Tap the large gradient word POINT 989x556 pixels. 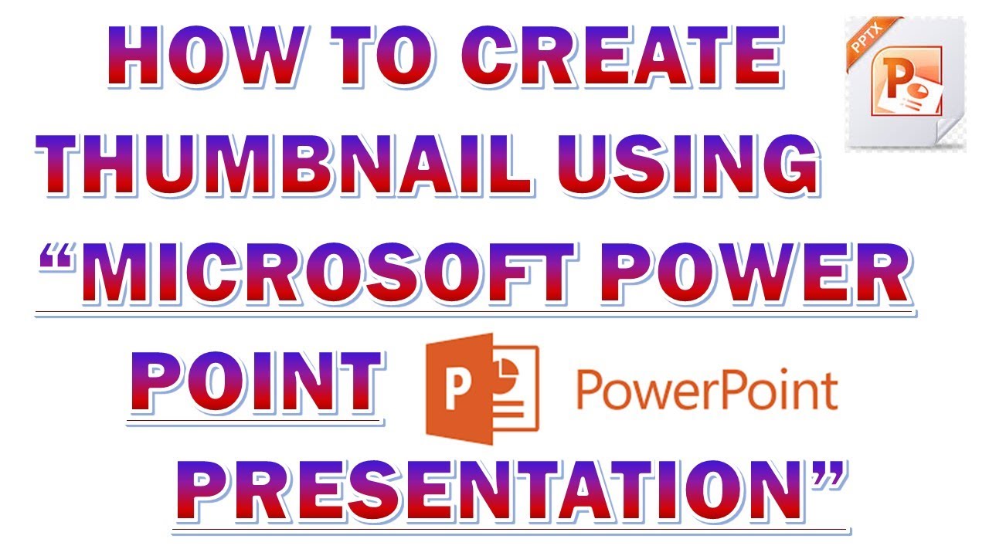256,382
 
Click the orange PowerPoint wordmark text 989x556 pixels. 707,391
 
